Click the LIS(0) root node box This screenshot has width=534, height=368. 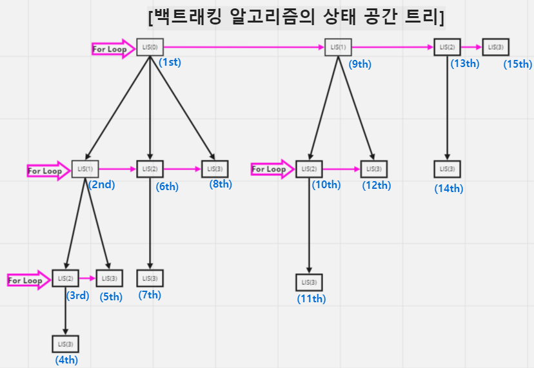pyautogui.click(x=149, y=47)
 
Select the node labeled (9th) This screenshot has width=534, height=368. pyautogui.click(x=337, y=47)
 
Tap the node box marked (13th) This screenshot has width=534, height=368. pyautogui.click(x=447, y=47)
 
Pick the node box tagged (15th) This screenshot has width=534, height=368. pyautogui.click(x=495, y=47)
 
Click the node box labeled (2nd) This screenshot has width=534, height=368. pyautogui.click(x=84, y=169)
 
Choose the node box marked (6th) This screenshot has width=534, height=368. pyautogui.click(x=150, y=169)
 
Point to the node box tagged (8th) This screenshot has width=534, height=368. pyautogui.click(x=215, y=169)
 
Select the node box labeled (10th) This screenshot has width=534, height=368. pyautogui.click(x=309, y=169)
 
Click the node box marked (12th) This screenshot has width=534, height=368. pyautogui.click(x=374, y=169)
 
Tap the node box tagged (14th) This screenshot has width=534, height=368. pyautogui.click(x=447, y=169)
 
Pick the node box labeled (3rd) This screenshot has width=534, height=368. pyautogui.click(x=65, y=278)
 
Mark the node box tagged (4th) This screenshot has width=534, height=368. pyautogui.click(x=65, y=344)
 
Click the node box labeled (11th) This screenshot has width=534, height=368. pyautogui.click(x=309, y=282)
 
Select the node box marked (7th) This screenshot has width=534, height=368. pyautogui.click(x=150, y=278)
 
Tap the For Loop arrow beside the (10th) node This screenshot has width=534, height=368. pyautogui.click(x=272, y=169)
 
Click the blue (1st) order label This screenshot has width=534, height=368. pyautogui.click(x=171, y=63)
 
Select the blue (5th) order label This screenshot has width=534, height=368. pyautogui.click(x=111, y=297)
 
